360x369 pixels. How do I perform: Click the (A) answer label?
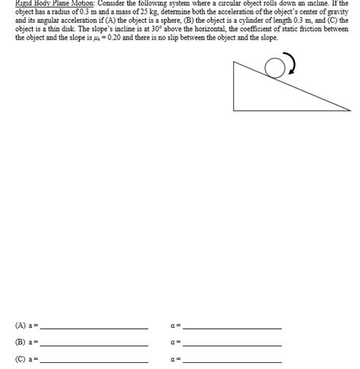click(20, 326)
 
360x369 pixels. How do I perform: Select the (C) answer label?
click(20, 359)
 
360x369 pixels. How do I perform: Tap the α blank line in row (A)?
click(232, 328)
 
